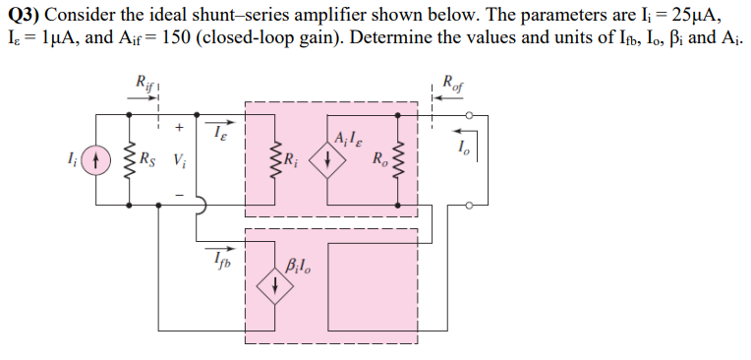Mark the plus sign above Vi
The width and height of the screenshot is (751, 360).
pyautogui.click(x=179, y=127)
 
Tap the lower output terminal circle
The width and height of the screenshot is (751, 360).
pyautogui.click(x=470, y=206)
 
